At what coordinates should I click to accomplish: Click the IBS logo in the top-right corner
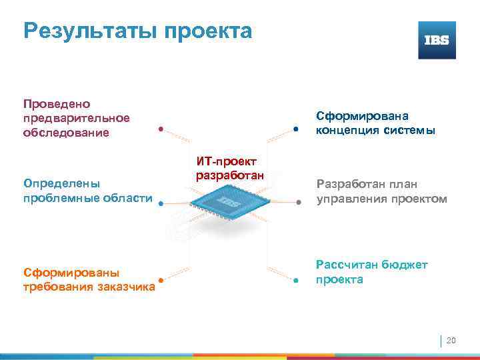click(x=437, y=40)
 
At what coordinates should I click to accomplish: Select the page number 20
click(x=451, y=341)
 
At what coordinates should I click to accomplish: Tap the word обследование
click(x=65, y=133)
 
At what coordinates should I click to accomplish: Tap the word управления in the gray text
click(x=351, y=199)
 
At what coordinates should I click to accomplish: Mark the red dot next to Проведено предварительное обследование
click(x=161, y=129)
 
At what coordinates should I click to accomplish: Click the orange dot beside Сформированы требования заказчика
click(x=161, y=281)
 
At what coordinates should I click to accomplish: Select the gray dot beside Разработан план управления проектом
click(x=299, y=201)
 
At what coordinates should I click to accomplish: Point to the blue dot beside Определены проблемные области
click(x=161, y=205)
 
